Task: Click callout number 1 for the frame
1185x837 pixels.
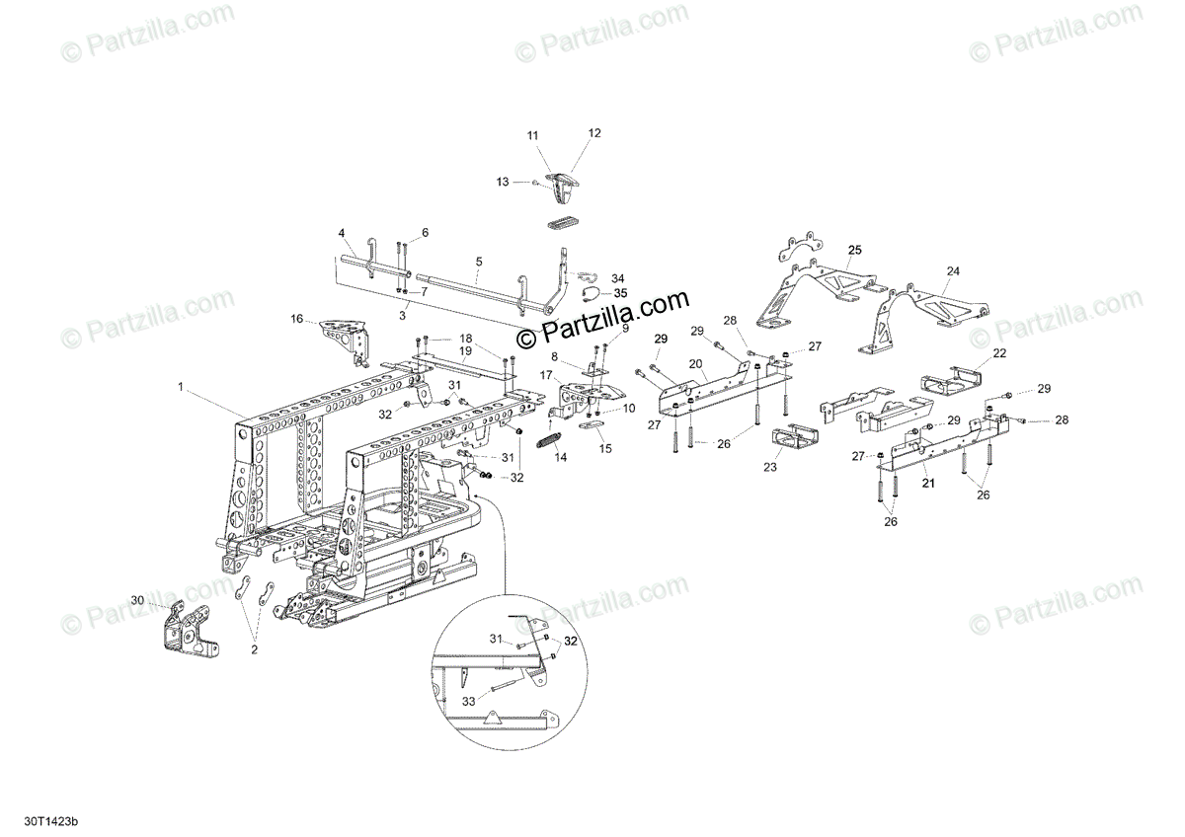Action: [x=181, y=389]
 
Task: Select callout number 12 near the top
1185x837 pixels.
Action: [x=594, y=132]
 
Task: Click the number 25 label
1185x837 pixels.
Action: [x=854, y=249]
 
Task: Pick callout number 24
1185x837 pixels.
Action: [x=953, y=270]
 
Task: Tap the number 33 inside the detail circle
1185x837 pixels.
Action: [x=468, y=700]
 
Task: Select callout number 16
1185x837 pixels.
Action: [x=296, y=319]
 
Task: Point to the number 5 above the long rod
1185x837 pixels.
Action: [x=479, y=262]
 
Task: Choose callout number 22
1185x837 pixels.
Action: [x=999, y=352]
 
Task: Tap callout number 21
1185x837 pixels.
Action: [x=927, y=483]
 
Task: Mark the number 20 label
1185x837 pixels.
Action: [x=695, y=364]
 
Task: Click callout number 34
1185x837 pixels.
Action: [x=618, y=278]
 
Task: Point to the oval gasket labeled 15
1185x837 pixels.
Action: [x=585, y=425]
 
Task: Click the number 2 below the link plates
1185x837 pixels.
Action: [x=254, y=650]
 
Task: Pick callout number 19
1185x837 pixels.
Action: [x=464, y=350]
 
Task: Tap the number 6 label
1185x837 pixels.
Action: [x=426, y=233]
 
